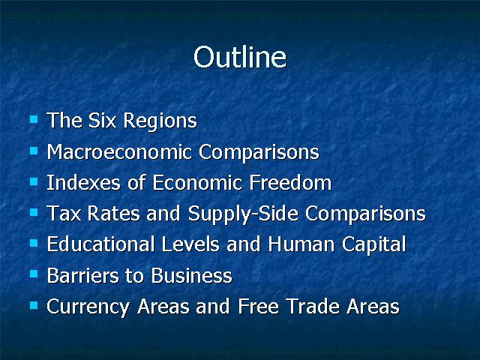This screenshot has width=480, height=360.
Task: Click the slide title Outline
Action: coord(240,57)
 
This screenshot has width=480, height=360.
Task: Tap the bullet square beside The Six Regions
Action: coord(34,119)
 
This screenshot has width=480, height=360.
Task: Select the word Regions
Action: coord(160,121)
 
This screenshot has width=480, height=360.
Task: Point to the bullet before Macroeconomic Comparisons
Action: coord(34,151)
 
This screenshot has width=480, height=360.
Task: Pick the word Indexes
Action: coord(83,183)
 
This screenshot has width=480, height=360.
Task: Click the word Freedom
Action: coord(290,183)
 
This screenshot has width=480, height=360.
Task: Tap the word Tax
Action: coord(64,213)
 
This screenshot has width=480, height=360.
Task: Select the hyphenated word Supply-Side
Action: coord(243,214)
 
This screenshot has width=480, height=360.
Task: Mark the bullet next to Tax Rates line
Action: coord(34,211)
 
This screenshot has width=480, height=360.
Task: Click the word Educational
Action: coord(100,244)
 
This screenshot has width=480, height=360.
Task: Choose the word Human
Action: coord(301,244)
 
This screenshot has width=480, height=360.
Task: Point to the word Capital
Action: coord(373,245)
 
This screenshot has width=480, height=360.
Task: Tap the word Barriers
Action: coord(82,275)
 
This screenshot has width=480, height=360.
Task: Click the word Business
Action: coord(192,275)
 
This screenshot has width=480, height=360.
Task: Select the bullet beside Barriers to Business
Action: coord(34,274)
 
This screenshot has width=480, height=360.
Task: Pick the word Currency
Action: coord(88,307)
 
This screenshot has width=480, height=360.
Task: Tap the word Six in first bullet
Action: coord(102,120)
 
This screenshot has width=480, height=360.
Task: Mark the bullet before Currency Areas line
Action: coord(34,305)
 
